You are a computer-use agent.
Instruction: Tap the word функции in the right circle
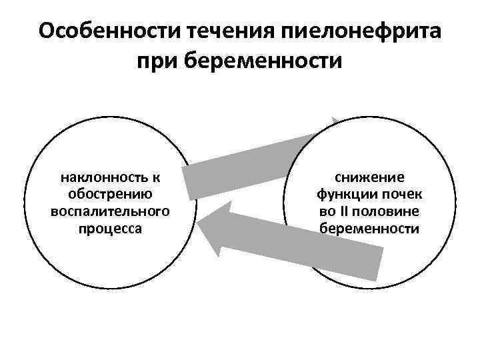(351, 194)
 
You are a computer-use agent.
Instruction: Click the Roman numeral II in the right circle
(346, 211)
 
